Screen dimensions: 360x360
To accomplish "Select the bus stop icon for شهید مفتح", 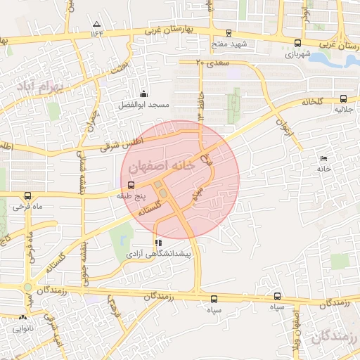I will click(229, 33).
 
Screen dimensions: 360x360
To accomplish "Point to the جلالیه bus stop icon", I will click(343, 99).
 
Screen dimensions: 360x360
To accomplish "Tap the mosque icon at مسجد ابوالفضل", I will click(144, 94).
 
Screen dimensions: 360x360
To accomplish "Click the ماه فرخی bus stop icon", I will click(27, 196).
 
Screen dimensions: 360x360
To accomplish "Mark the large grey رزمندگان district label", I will click(334, 341).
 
